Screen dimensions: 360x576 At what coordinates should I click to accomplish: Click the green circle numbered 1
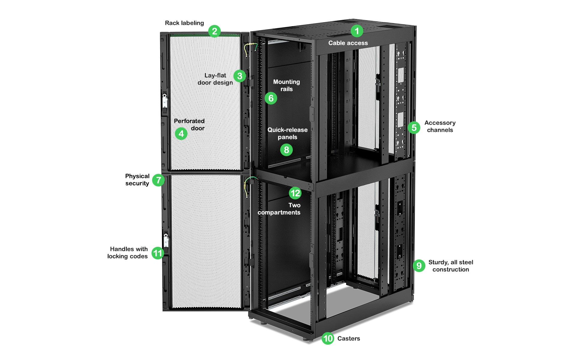click(357, 31)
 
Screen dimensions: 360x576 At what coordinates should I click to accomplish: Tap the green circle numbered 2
click(214, 31)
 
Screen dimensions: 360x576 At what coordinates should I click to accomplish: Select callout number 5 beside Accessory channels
click(414, 128)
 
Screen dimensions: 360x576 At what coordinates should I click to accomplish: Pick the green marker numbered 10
click(328, 338)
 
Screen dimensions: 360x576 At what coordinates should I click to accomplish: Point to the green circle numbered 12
click(295, 193)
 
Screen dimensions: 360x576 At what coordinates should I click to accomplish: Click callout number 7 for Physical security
click(158, 180)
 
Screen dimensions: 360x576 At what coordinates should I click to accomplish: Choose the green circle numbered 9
click(419, 266)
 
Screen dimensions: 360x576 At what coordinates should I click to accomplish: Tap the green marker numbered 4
click(181, 134)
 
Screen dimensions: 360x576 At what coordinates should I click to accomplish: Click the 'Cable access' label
click(348, 43)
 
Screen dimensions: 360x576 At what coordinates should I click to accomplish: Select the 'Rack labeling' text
click(184, 23)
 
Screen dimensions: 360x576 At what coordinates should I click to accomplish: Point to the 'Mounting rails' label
click(286, 85)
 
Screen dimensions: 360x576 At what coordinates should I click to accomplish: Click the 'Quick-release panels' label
click(287, 133)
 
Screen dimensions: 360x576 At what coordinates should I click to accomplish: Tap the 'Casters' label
click(349, 338)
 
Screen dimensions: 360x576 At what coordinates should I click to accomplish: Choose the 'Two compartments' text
click(279, 209)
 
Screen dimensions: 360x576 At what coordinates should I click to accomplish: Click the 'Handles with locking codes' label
click(128, 253)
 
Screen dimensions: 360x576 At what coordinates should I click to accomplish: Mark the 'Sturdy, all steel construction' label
click(451, 266)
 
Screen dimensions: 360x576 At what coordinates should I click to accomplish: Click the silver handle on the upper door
click(164, 101)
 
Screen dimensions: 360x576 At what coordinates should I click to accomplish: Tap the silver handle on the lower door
click(166, 240)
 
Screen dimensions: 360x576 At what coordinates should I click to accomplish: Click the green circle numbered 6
click(271, 98)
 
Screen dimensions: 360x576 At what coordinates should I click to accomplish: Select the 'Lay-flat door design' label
click(215, 79)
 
